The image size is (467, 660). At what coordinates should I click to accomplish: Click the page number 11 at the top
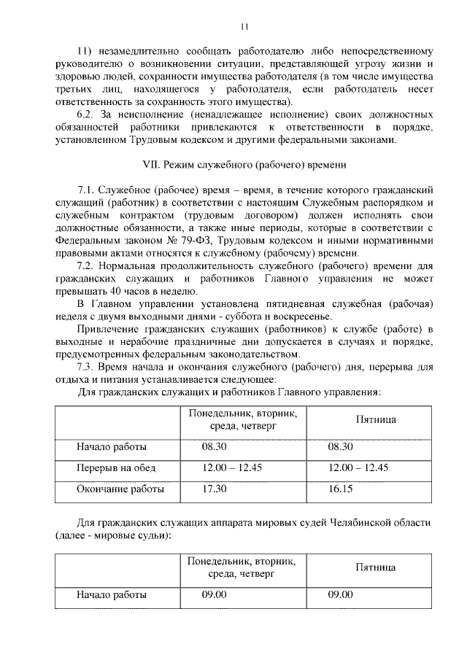point(245,28)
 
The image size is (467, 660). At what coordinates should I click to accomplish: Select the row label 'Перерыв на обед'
point(116,468)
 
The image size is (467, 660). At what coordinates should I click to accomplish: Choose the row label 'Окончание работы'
point(120,489)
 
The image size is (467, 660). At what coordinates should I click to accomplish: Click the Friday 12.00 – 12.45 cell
point(358,468)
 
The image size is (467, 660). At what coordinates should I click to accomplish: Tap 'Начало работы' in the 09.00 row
point(112,595)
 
